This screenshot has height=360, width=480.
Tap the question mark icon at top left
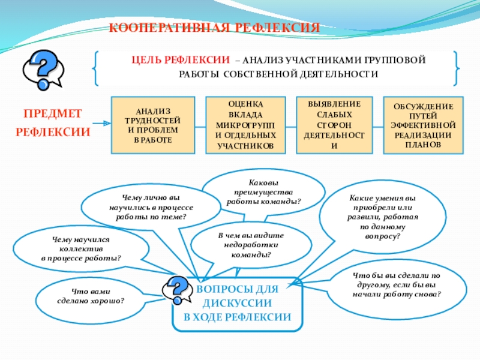coord(43,67)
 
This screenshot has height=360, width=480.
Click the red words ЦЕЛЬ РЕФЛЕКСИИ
coord(181,60)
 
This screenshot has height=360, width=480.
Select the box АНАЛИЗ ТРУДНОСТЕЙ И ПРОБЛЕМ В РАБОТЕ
coord(153,124)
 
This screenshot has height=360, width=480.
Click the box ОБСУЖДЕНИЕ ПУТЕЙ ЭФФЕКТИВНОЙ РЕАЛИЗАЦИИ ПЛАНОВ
coord(423,124)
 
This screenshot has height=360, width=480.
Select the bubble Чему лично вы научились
coord(151,206)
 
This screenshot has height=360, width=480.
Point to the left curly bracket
coord(96,68)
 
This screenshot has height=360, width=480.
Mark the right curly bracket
coord(457,68)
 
